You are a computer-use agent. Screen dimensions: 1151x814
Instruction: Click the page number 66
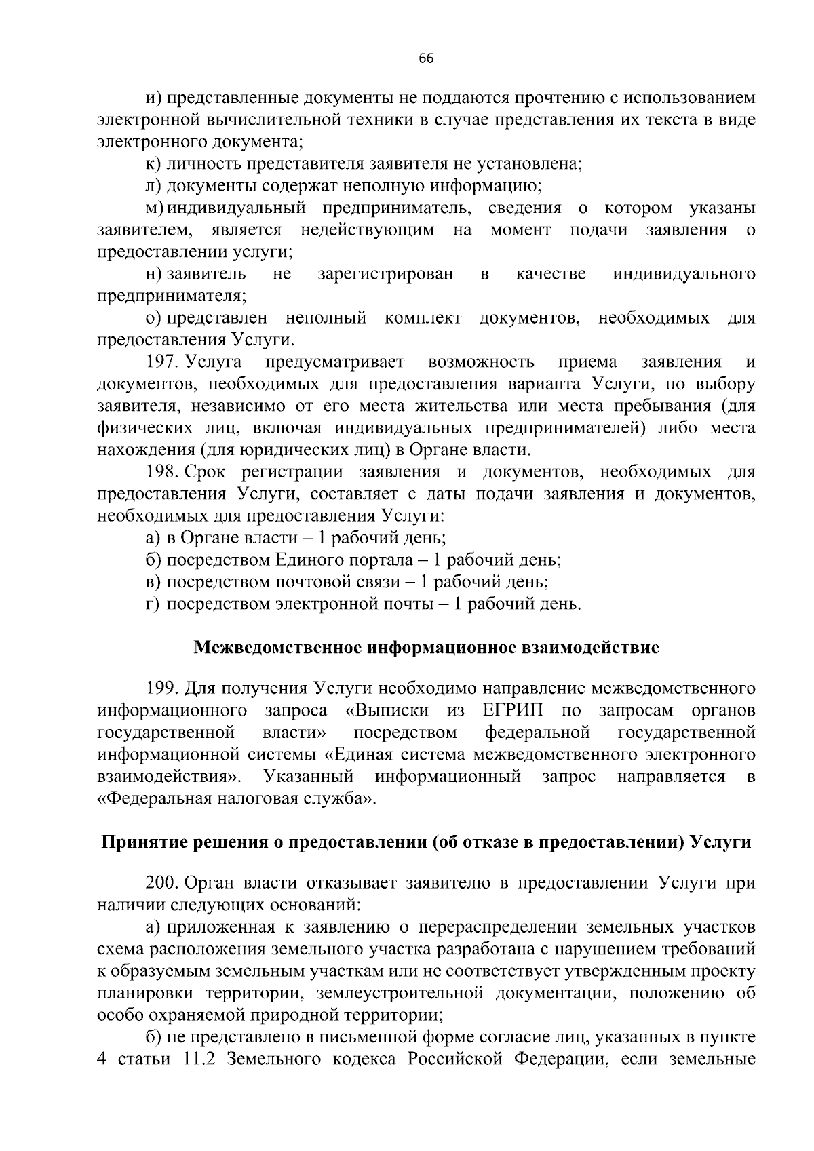[x=426, y=58]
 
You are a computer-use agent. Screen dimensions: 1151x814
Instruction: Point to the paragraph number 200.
[x=160, y=883]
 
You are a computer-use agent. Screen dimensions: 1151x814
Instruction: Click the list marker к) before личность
[x=153, y=163]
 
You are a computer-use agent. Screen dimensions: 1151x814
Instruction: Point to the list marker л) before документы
[x=153, y=185]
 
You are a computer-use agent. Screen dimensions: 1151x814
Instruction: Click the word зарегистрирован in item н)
[x=385, y=274]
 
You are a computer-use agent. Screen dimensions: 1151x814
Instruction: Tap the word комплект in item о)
[x=423, y=318]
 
